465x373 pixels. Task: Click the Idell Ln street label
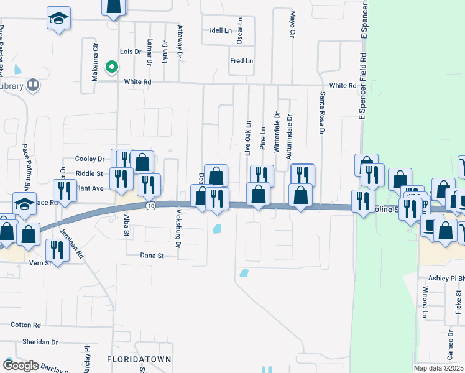click(x=221, y=30)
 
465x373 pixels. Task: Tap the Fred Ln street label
click(x=241, y=61)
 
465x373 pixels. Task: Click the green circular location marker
click(x=112, y=67)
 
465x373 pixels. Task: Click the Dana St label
click(x=152, y=256)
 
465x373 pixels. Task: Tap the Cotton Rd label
click(x=25, y=325)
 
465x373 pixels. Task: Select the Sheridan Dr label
click(x=38, y=342)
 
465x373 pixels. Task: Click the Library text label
click(x=11, y=85)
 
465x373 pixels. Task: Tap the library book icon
click(x=33, y=85)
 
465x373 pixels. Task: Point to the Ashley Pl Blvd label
click(x=444, y=279)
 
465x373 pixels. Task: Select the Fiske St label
click(x=458, y=306)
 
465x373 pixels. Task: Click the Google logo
click(x=21, y=365)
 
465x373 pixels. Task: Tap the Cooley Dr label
click(x=90, y=159)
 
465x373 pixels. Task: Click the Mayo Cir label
click(x=292, y=24)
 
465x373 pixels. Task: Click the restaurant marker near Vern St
click(x=57, y=250)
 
